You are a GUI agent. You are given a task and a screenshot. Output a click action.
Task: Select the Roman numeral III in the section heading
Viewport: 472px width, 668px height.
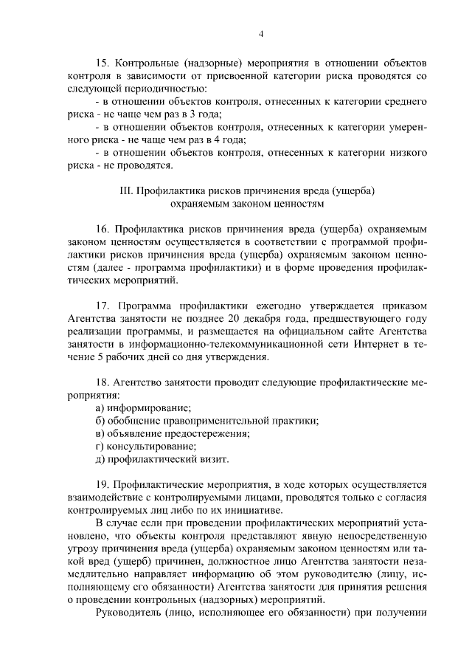point(125,192)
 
